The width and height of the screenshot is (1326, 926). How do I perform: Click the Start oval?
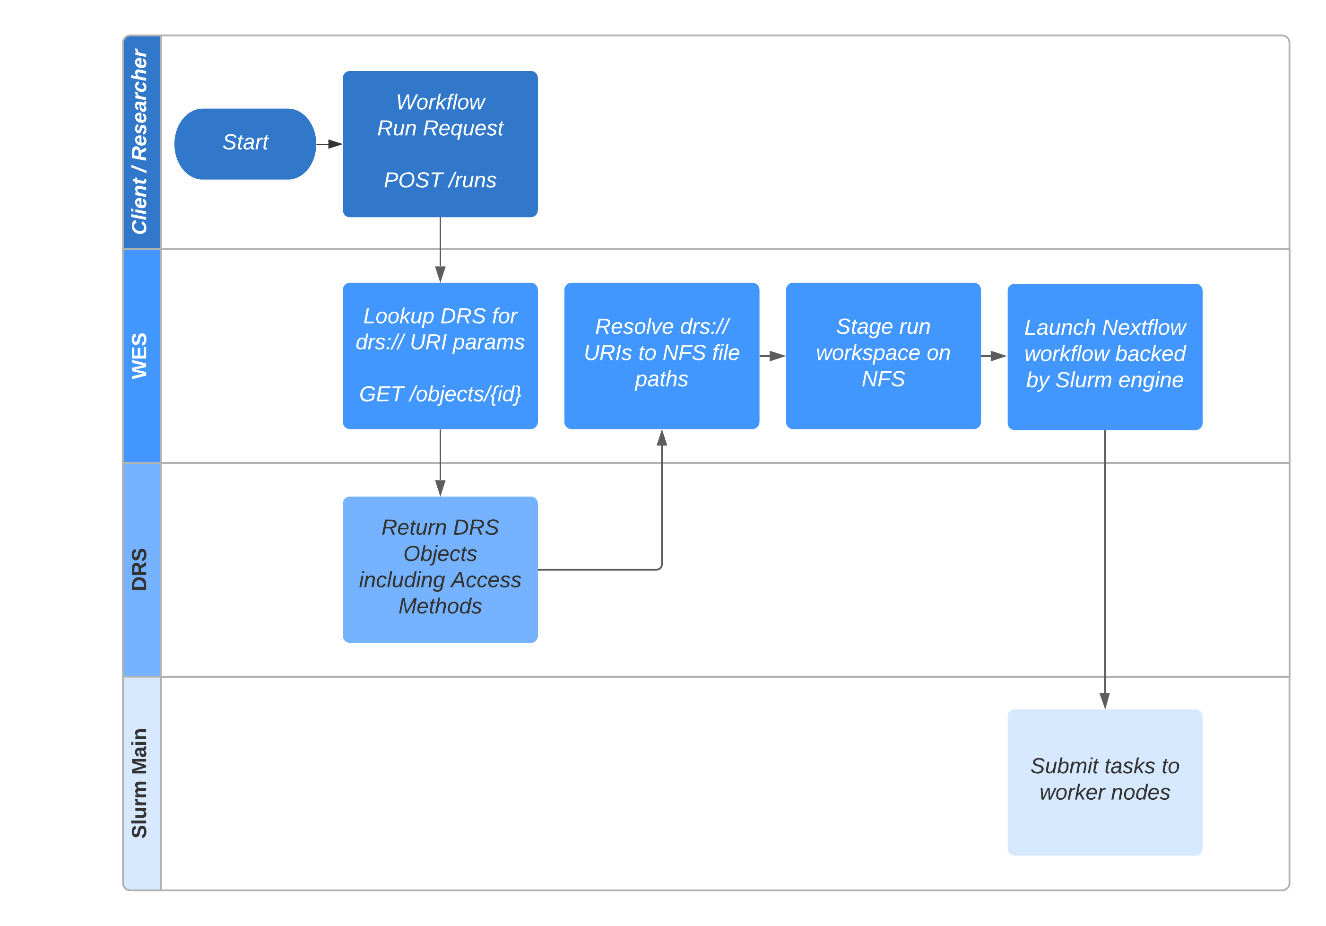[x=245, y=143]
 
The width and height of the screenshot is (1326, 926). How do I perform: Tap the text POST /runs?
[x=440, y=180]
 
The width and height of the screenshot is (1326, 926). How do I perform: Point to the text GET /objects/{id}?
[x=440, y=394]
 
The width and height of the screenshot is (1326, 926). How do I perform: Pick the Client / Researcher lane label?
[x=140, y=142]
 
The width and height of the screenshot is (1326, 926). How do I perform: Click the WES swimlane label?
[x=140, y=356]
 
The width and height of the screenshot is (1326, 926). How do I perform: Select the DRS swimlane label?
[x=140, y=569]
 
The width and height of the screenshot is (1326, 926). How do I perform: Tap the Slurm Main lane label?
[x=140, y=783]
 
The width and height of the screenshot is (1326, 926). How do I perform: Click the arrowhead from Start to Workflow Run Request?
[x=335, y=144]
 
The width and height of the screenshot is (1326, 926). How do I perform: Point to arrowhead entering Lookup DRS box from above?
[x=440, y=274]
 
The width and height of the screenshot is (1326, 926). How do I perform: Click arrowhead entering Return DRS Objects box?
[x=440, y=488]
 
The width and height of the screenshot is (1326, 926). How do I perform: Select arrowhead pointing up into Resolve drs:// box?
[x=662, y=438]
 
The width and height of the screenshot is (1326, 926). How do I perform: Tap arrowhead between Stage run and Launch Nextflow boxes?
[x=998, y=356]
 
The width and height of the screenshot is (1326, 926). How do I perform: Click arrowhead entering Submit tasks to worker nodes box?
[x=1105, y=701]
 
